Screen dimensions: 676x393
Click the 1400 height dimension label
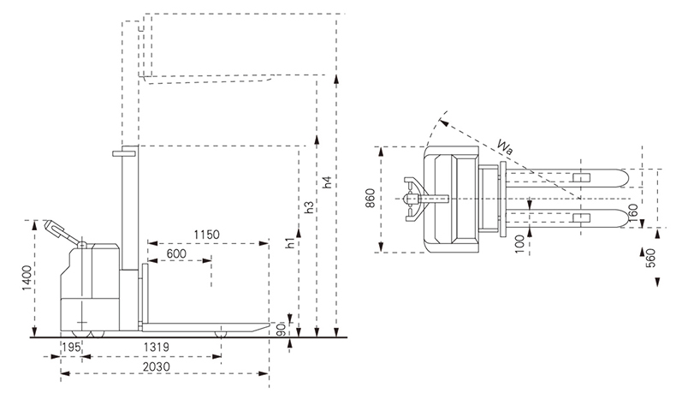pyautogui.click(x=27, y=277)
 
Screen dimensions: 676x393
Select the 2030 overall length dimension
pyautogui.click(x=157, y=366)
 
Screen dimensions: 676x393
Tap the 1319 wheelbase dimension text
pyautogui.click(x=157, y=347)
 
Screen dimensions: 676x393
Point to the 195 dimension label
pyautogui.click(x=71, y=347)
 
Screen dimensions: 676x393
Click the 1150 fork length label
pyautogui.click(x=206, y=235)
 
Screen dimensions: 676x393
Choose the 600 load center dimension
pyautogui.click(x=176, y=253)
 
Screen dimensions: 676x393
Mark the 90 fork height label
pyautogui.click(x=280, y=330)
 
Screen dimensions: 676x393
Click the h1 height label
pyautogui.click(x=291, y=243)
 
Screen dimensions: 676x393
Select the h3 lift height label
pyautogui.click(x=309, y=207)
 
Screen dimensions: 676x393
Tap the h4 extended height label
pyautogui.click(x=328, y=182)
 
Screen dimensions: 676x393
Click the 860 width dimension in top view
pyautogui.click(x=371, y=198)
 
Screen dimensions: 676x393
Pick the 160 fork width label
pyautogui.click(x=633, y=212)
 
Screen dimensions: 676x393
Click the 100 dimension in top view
pyautogui.click(x=520, y=244)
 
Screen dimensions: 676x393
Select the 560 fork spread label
pyautogui.click(x=651, y=258)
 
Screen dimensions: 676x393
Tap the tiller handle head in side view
pyautogui.click(x=53, y=227)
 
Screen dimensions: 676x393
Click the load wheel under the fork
pyautogui.click(x=221, y=333)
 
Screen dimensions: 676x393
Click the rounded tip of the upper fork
pyautogui.click(x=625, y=178)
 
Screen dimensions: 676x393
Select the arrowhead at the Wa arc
pyautogui.click(x=443, y=122)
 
